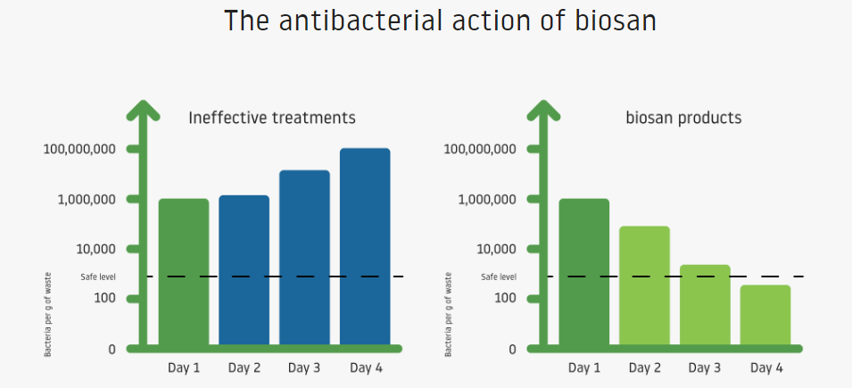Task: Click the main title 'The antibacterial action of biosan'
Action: pyautogui.click(x=440, y=21)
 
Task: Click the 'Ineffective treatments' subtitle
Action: pyautogui.click(x=272, y=118)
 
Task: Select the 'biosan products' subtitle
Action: pyautogui.click(x=683, y=118)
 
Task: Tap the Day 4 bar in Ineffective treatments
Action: pyautogui.click(x=365, y=247)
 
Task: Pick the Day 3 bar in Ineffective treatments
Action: pyautogui.click(x=304, y=258)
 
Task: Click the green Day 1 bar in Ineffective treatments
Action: pyautogui.click(x=184, y=272)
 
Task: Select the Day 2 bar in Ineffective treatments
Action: pyautogui.click(x=244, y=270)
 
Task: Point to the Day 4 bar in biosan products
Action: pyautogui.click(x=765, y=315)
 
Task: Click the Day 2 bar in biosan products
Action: pyautogui.click(x=644, y=285)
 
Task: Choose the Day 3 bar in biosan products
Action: pyautogui.click(x=705, y=305)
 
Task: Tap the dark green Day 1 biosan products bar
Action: pyautogui.click(x=584, y=272)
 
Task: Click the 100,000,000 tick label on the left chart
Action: pyautogui.click(x=79, y=149)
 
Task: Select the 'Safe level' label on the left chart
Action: pyautogui.click(x=98, y=277)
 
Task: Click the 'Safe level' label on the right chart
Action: pyautogui.click(x=499, y=277)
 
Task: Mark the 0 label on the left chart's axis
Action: pyautogui.click(x=112, y=350)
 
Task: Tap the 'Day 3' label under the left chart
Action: pyautogui.click(x=303, y=367)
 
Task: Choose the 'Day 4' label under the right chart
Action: pyautogui.click(x=766, y=367)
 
